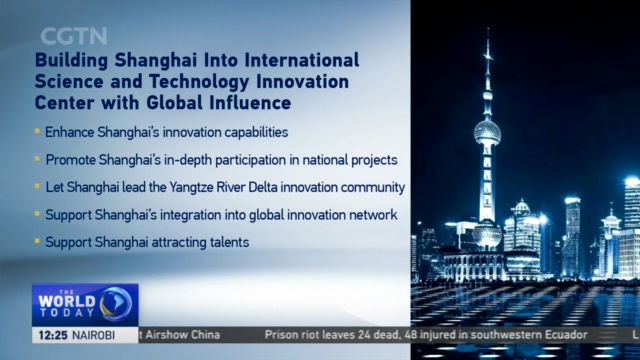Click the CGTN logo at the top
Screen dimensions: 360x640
tap(74, 37)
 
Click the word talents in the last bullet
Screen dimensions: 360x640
tap(224, 242)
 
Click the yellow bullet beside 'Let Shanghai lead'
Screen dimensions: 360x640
tap(38, 187)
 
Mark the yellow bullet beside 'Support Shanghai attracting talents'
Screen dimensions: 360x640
tap(38, 242)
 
